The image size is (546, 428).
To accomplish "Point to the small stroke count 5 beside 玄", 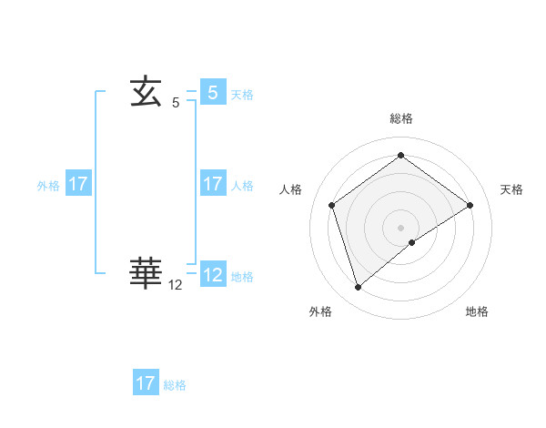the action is [176, 104].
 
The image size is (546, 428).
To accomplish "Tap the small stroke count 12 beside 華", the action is [176, 285].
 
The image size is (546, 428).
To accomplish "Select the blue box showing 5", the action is [212, 92].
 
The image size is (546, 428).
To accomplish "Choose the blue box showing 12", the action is [212, 274].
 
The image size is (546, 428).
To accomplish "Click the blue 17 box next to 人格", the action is [212, 184].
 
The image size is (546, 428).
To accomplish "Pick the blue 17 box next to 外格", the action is [78, 184].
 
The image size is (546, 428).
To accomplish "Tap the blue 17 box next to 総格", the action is [146, 383].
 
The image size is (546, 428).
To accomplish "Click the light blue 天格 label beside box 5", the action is [242, 95].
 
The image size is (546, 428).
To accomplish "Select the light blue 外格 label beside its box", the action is [48, 186].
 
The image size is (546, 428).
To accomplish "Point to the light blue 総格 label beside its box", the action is [175, 385].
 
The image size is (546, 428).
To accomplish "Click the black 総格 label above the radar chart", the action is [401, 118].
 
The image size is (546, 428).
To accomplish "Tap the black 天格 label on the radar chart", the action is [512, 189].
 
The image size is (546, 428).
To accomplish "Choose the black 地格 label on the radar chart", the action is [477, 311].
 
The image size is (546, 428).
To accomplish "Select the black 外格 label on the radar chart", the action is [320, 311].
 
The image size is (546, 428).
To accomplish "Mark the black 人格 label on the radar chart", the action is [290, 189].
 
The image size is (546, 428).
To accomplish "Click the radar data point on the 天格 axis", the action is [470, 205].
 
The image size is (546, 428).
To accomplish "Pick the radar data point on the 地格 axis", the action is [412, 242].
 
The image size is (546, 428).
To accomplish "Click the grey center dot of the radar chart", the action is [401, 227].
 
